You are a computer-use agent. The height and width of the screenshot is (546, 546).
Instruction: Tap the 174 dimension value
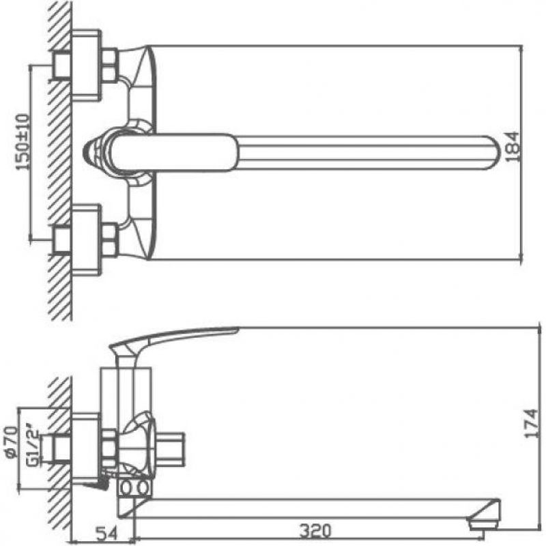[531, 424]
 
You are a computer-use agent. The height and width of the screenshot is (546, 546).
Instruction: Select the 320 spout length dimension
[315, 531]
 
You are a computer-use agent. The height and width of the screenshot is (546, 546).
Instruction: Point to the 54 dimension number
[106, 531]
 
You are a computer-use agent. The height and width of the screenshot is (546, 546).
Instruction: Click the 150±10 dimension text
[23, 142]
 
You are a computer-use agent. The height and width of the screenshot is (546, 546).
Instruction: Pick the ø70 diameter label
[12, 441]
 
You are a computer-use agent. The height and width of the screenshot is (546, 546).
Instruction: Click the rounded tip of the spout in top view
[494, 153]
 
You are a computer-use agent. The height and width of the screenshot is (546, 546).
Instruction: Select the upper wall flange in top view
[87, 66]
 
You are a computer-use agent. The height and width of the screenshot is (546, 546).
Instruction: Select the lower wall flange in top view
[87, 241]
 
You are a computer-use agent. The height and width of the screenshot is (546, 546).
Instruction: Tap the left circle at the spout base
[126, 487]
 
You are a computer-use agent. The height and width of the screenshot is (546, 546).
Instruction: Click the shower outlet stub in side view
[168, 448]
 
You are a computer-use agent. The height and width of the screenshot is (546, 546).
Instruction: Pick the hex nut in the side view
[110, 448]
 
